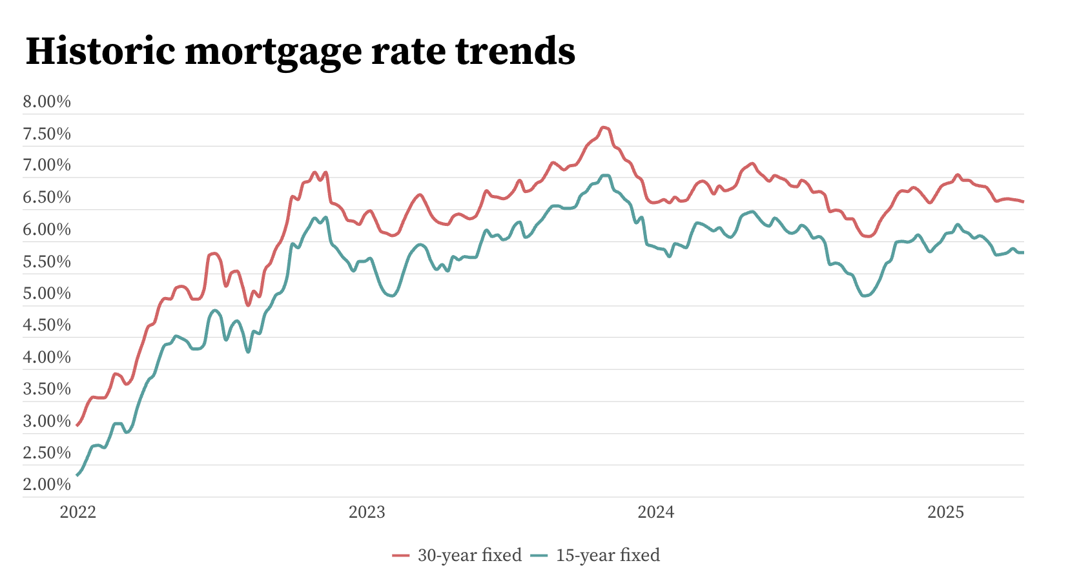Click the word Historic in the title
(x=100, y=51)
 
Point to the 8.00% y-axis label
(x=46, y=102)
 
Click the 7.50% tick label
(x=46, y=134)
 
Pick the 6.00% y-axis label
(x=46, y=230)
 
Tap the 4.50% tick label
(x=46, y=325)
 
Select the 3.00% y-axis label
(x=46, y=422)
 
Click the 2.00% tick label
(x=46, y=485)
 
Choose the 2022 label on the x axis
(x=77, y=513)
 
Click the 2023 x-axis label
(x=367, y=513)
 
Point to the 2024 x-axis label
(x=656, y=513)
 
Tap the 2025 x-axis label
(x=945, y=513)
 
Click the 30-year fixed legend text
(x=469, y=555)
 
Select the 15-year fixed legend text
(x=608, y=555)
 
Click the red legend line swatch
(x=401, y=555)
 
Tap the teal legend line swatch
(x=539, y=555)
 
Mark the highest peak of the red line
(x=604, y=128)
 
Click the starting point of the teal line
(x=77, y=475)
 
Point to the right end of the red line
(x=1023, y=201)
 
